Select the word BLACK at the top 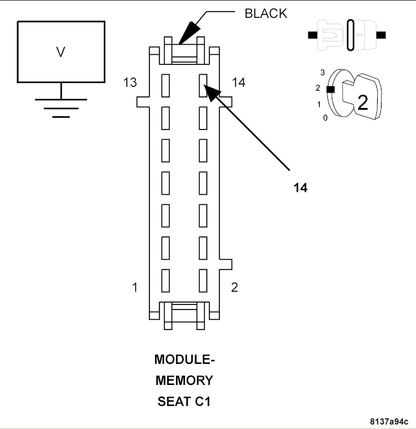coord(266,13)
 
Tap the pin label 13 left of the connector coord(131,82)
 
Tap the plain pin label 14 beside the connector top coord(238,82)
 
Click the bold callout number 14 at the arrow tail coord(301,188)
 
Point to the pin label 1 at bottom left coord(135,287)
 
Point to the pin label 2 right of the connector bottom coord(234,287)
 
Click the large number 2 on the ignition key coord(362,103)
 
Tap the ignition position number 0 coord(325,118)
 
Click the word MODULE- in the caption coord(184,360)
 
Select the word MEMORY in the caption coord(184,381)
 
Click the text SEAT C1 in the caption coord(184,402)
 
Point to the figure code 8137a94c coord(389,421)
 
